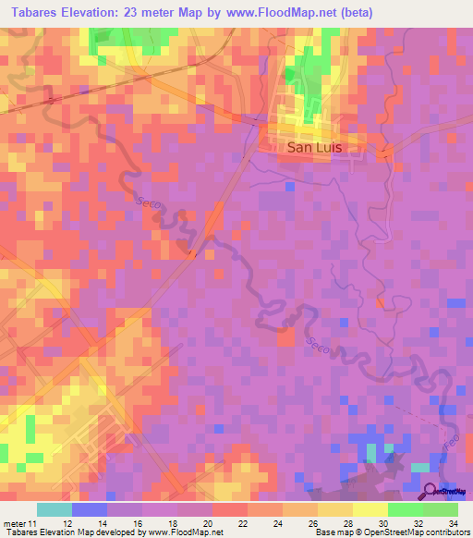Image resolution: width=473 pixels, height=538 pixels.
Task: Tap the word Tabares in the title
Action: click(x=38, y=13)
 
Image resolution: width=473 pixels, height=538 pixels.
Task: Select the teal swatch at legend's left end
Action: click(x=54, y=509)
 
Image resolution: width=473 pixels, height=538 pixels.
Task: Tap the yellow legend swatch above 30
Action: click(x=370, y=509)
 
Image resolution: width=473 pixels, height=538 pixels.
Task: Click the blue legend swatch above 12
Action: click(x=89, y=509)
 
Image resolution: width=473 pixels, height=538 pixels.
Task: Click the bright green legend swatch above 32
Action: click(x=405, y=509)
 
